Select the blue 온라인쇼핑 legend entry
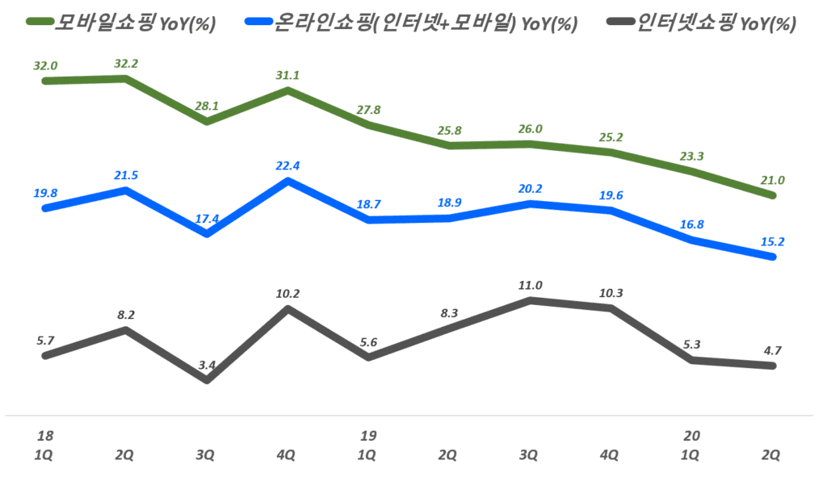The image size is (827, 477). click(x=412, y=23)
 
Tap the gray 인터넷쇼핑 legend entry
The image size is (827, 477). click(x=699, y=23)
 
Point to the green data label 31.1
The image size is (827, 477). click(x=288, y=75)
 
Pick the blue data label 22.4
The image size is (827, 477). click(x=288, y=166)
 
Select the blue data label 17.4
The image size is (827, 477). click(x=207, y=219)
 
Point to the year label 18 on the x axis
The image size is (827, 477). click(x=45, y=436)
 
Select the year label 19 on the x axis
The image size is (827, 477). click(x=368, y=436)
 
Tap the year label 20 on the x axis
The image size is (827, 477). click(x=691, y=436)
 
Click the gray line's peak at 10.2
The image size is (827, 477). click(x=288, y=308)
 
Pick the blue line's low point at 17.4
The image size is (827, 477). click(x=207, y=234)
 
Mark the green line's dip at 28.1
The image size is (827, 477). click(x=207, y=122)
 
